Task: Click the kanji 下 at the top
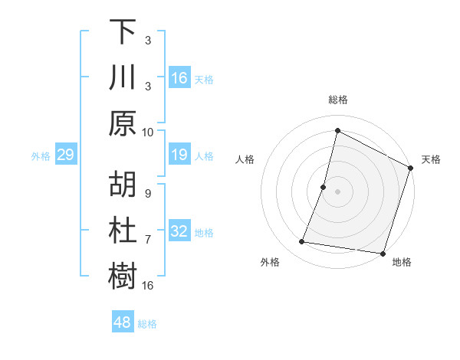pyautogui.click(x=123, y=32)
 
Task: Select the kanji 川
pyautogui.click(x=123, y=77)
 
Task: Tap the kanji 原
pyautogui.click(x=123, y=123)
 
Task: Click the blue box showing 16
pyautogui.click(x=179, y=78)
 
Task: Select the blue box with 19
pyautogui.click(x=179, y=155)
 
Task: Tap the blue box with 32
pyautogui.click(x=179, y=232)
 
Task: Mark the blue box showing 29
pyautogui.click(x=65, y=155)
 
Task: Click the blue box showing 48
pyautogui.click(x=122, y=322)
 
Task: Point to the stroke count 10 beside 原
pyautogui.click(x=148, y=132)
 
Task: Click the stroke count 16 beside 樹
pyautogui.click(x=148, y=286)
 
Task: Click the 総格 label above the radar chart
pyautogui.click(x=337, y=100)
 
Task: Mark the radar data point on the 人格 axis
pyautogui.click(x=324, y=187)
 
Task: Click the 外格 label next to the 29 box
pyautogui.click(x=41, y=156)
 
